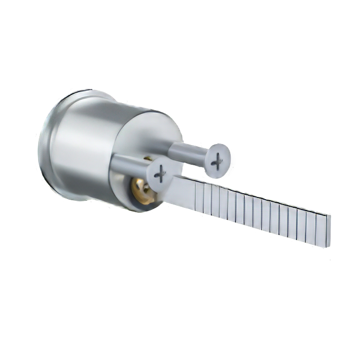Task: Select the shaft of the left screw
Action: click(131, 163)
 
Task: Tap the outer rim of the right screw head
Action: click(231, 155)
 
